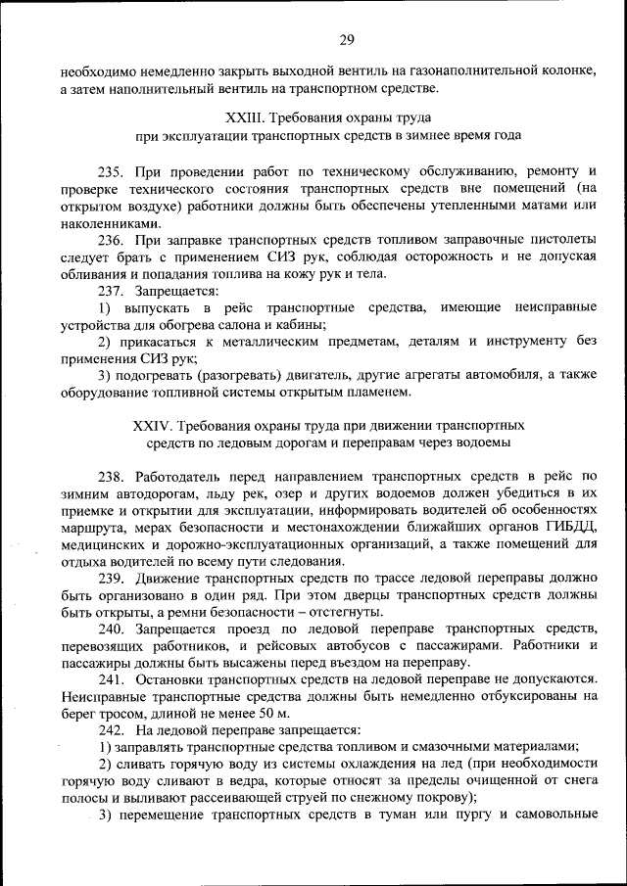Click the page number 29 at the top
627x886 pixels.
tap(347, 39)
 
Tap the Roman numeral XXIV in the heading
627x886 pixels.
tap(150, 426)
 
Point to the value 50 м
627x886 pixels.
tap(249, 714)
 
